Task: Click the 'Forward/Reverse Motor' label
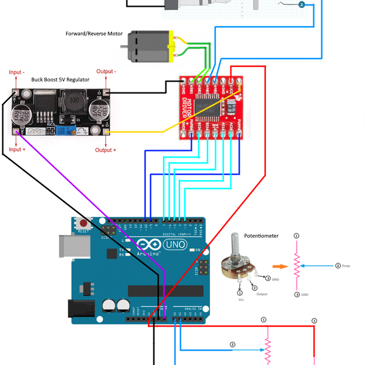pyautogui.click(x=94, y=33)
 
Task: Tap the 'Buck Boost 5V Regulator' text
pyautogui.click(x=60, y=80)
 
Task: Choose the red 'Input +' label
pyautogui.click(x=17, y=149)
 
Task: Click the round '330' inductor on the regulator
pyautogui.click(x=73, y=100)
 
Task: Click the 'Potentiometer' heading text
pyautogui.click(x=261, y=235)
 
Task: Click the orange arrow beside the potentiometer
pyautogui.click(x=280, y=266)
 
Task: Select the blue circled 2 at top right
pyautogui.click(x=302, y=4)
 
